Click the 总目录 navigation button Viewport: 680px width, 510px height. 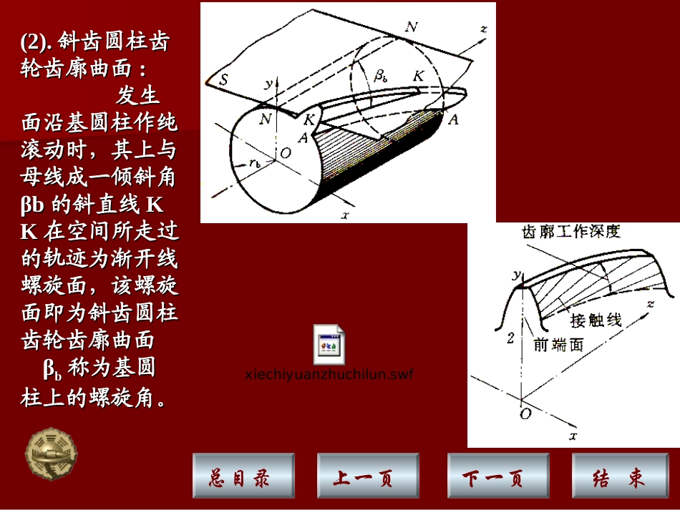click(243, 476)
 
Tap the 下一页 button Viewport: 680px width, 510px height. click(493, 476)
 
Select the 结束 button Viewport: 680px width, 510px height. click(618, 476)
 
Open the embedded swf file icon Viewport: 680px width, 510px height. click(329, 345)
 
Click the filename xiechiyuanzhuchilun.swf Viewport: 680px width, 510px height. click(329, 374)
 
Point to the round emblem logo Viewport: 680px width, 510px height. click(52, 454)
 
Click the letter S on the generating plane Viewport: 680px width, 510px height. click(224, 80)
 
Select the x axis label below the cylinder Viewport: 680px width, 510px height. click(344, 214)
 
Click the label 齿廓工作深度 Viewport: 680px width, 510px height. click(571, 231)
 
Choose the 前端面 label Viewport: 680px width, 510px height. click(558, 344)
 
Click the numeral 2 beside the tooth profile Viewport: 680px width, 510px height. click(510, 338)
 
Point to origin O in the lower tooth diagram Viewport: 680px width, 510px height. click(526, 413)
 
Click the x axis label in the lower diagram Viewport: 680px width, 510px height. click(572, 434)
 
